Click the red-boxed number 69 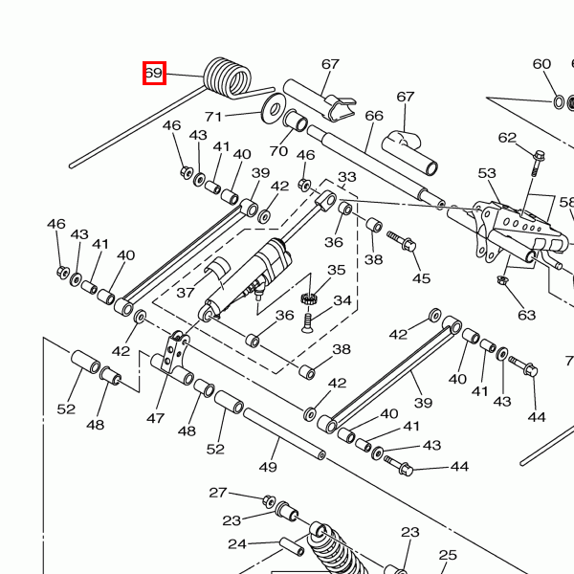pos(154,73)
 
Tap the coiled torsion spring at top pos(228,77)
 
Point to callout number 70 pos(278,150)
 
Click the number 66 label pos(374,116)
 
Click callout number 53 pos(488,173)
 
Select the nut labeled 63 pos(501,280)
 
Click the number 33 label pos(346,177)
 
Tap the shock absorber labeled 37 pos(251,277)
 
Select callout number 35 pos(336,271)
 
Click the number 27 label pos(218,493)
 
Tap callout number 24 pos(236,544)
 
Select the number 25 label pos(448,555)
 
